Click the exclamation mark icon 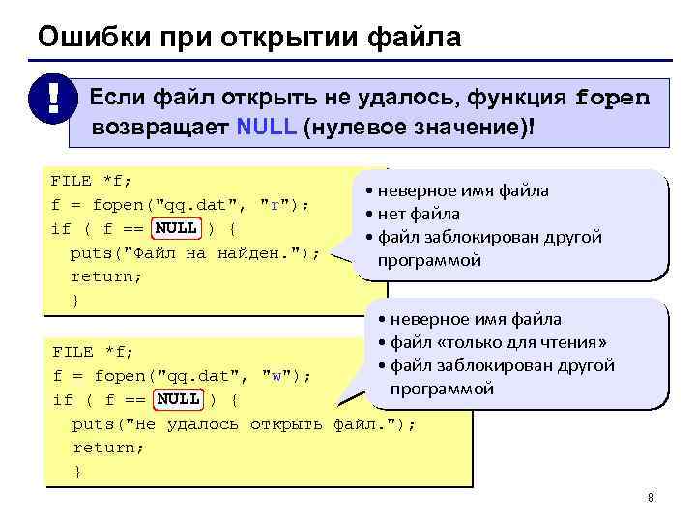click(x=44, y=101)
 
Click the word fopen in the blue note click(x=612, y=99)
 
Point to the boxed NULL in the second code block click(x=178, y=399)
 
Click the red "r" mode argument click(x=275, y=205)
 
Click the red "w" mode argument click(x=276, y=375)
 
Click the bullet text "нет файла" click(x=419, y=214)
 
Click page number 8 click(x=651, y=498)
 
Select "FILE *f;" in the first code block click(x=91, y=181)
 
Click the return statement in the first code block click(x=106, y=276)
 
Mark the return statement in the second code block click(x=108, y=448)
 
